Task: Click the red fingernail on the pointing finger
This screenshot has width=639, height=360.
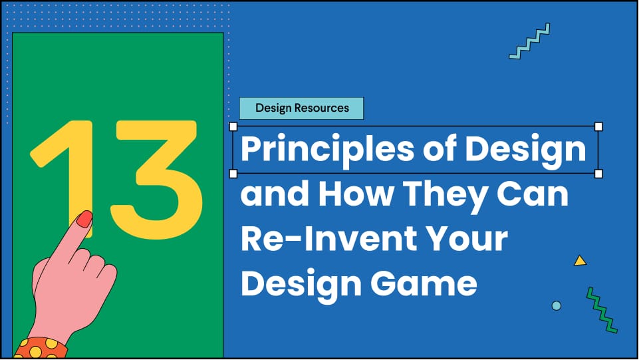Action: [x=84, y=219]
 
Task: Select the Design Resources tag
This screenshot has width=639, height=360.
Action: [x=301, y=108]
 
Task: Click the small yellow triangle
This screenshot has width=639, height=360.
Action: [x=580, y=261]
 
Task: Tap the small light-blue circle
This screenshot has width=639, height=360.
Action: [x=557, y=305]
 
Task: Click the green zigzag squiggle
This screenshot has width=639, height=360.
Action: [x=602, y=309]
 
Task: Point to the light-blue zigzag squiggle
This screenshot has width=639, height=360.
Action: [x=529, y=41]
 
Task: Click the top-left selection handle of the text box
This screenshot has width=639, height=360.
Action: [x=233, y=126]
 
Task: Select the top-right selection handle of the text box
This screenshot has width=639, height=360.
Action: [x=598, y=126]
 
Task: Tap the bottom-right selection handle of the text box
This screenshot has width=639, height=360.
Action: [x=598, y=174]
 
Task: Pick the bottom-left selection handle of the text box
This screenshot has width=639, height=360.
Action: [x=233, y=174]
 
